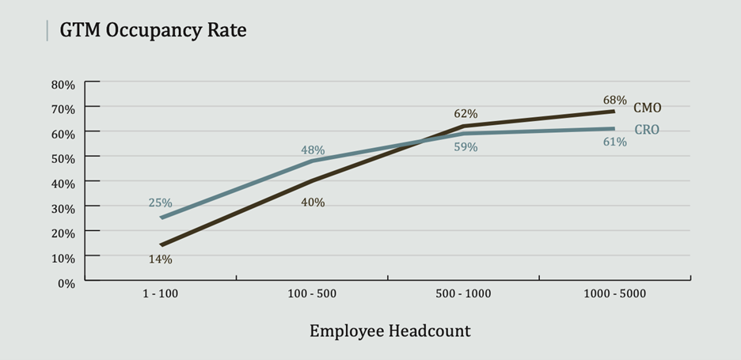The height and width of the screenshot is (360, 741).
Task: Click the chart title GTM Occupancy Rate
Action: pyautogui.click(x=146, y=31)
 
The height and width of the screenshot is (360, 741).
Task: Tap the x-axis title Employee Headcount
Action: pyautogui.click(x=389, y=331)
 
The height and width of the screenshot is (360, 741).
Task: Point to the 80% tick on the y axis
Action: pyautogui.click(x=63, y=83)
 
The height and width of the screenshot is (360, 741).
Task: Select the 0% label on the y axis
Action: pyautogui.click(x=66, y=282)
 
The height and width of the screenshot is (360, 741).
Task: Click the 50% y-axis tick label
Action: pyautogui.click(x=63, y=157)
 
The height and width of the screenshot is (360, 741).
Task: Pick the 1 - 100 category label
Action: pyautogui.click(x=161, y=294)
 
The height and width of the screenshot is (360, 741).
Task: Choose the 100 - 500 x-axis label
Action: pyautogui.click(x=312, y=294)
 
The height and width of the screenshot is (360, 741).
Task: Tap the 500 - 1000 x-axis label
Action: pyautogui.click(x=463, y=294)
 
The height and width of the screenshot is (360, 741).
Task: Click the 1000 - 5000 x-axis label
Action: pyautogui.click(x=614, y=294)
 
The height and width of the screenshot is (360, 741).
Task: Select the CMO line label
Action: pyautogui.click(x=648, y=108)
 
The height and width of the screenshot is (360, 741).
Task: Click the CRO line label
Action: pyautogui.click(x=647, y=130)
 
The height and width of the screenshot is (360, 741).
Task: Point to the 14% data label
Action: pyautogui.click(x=160, y=259)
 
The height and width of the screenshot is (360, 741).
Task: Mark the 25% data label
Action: pyautogui.click(x=160, y=203)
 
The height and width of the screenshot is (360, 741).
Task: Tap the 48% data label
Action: pyautogui.click(x=313, y=150)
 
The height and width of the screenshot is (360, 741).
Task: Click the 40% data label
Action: pyautogui.click(x=313, y=203)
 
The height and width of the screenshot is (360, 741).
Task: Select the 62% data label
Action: pyautogui.click(x=465, y=114)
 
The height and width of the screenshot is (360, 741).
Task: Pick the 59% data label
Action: pyautogui.click(x=465, y=147)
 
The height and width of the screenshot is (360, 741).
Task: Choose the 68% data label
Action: pyautogui.click(x=614, y=100)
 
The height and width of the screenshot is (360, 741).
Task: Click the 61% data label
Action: pyautogui.click(x=614, y=142)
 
